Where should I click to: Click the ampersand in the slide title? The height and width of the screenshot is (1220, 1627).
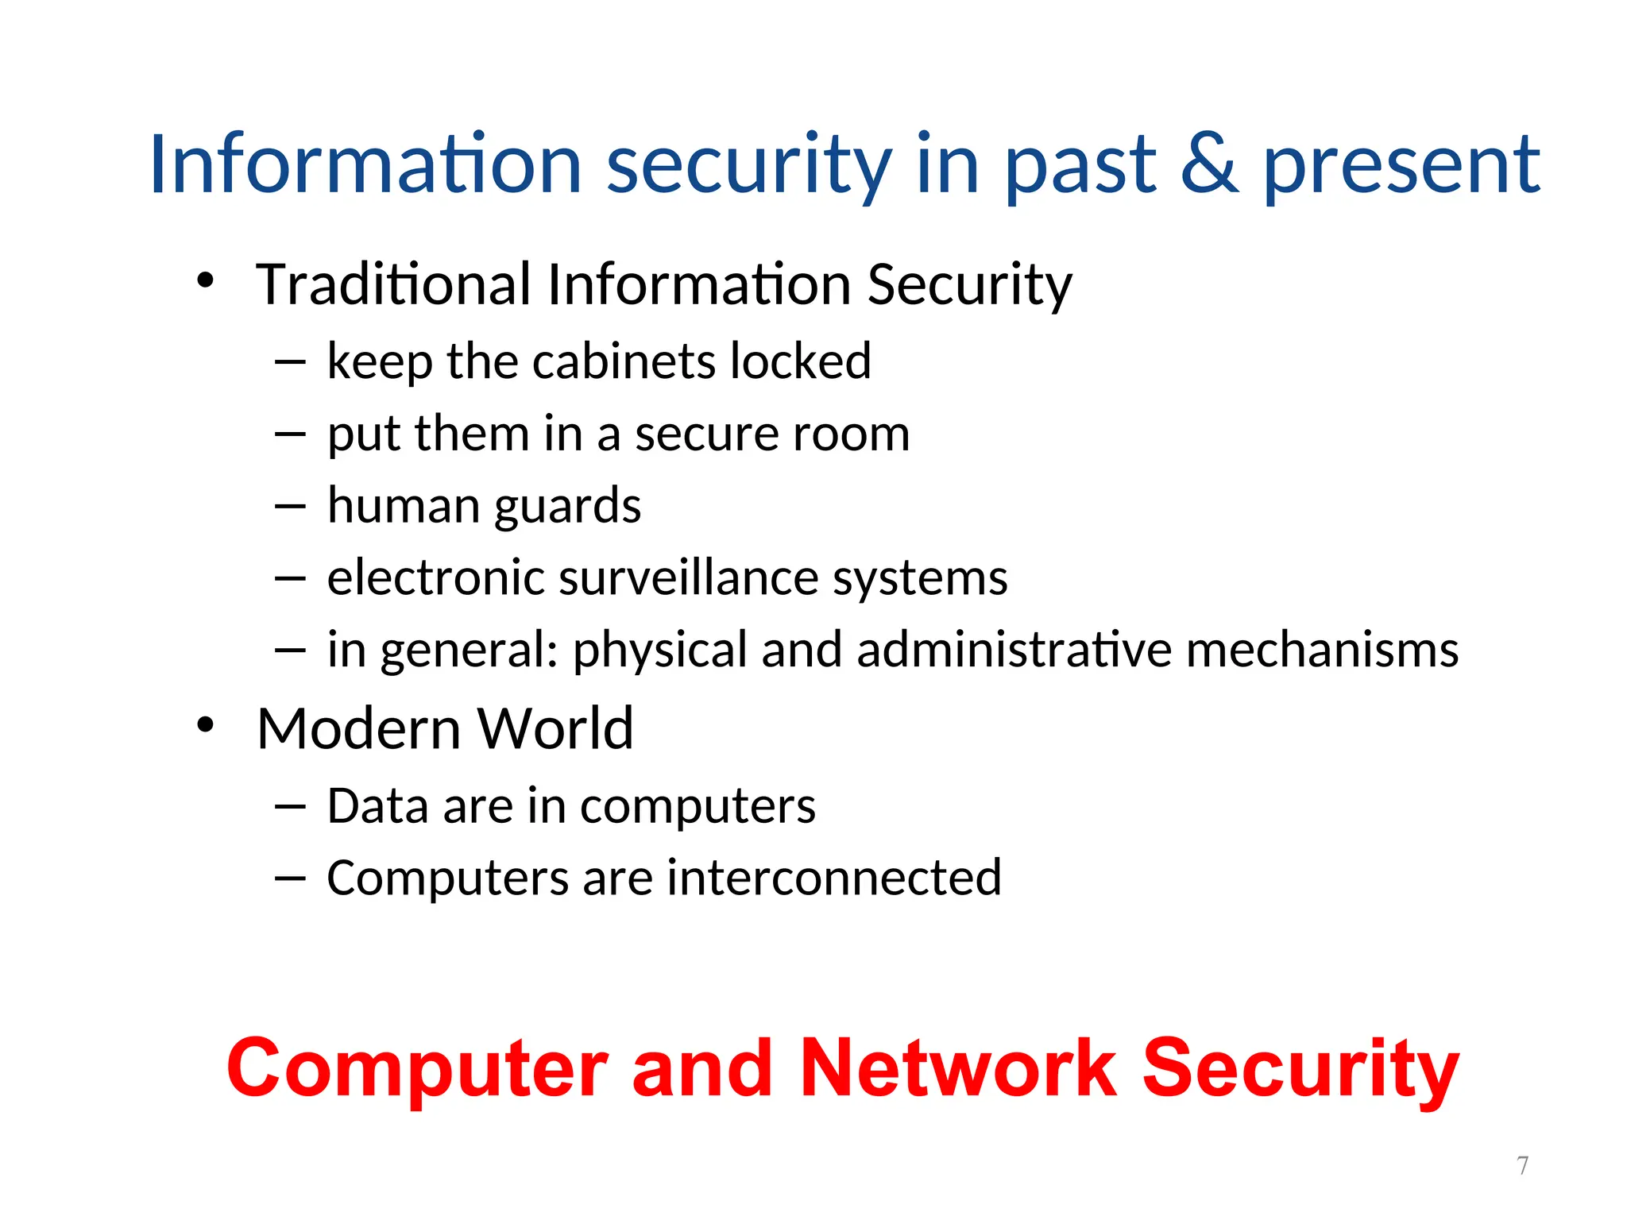[1208, 164]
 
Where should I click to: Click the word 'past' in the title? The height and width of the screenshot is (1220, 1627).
[1080, 167]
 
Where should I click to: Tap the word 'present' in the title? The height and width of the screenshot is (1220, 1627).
[1401, 167]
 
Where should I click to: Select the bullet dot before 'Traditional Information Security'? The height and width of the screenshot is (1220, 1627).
[206, 280]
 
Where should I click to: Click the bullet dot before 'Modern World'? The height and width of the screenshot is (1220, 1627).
[206, 724]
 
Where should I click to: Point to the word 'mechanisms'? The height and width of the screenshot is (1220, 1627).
[1322, 650]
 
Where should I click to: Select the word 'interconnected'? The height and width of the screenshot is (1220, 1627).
[833, 878]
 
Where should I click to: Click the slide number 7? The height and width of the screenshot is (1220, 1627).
[1522, 1165]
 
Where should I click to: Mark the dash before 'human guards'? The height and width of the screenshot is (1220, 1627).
[290, 507]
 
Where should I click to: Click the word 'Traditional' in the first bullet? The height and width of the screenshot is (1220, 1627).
[393, 284]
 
